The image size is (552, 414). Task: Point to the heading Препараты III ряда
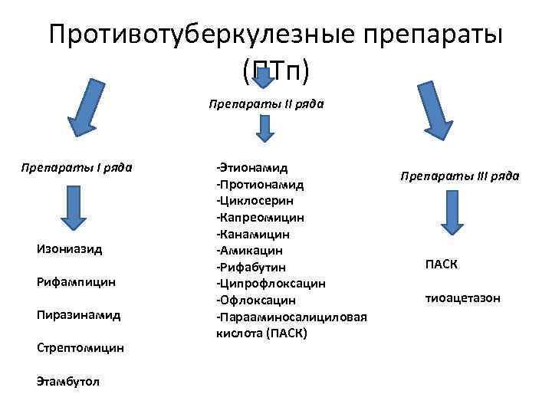click(459, 176)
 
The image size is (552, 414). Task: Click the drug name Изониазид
click(69, 248)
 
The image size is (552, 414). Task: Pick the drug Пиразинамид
click(77, 314)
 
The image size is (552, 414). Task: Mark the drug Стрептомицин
click(80, 347)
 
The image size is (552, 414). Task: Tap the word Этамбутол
click(67, 380)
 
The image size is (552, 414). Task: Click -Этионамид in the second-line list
click(253, 166)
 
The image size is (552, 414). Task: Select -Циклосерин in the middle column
click(258, 200)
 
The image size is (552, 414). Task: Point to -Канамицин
click(253, 233)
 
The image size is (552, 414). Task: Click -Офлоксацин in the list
click(256, 300)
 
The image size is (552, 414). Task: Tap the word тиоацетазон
click(462, 297)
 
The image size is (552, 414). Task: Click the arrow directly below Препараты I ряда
click(71, 205)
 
